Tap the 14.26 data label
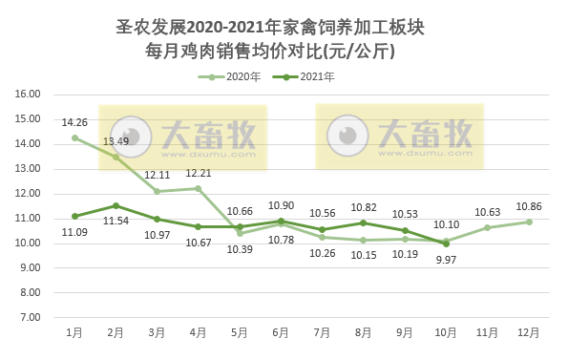click(74, 122)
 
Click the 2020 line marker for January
click(74, 138)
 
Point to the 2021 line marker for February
click(116, 205)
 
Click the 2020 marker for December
click(529, 222)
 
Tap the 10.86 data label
click(529, 206)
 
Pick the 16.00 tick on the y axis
click(28, 95)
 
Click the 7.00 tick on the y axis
click(30, 317)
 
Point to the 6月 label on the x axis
click(281, 332)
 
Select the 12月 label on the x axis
click(529, 332)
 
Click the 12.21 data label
click(199, 173)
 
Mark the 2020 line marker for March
click(157, 191)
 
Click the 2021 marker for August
click(364, 222)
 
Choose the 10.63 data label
click(488, 212)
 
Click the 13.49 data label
click(116, 141)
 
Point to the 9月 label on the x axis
click(405, 332)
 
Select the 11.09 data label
click(74, 232)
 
